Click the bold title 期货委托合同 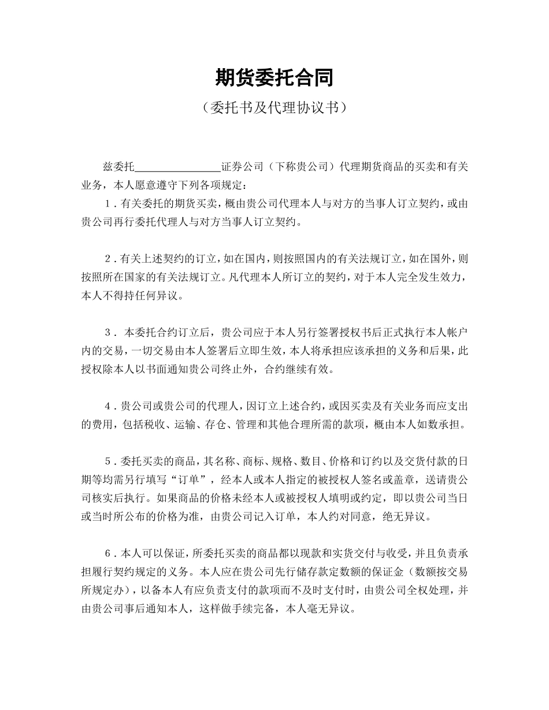click(274, 77)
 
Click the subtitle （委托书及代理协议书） click(274, 107)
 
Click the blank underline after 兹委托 click(177, 168)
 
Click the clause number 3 click(108, 332)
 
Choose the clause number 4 click(108, 406)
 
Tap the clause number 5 click(108, 461)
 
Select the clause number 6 click(108, 554)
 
